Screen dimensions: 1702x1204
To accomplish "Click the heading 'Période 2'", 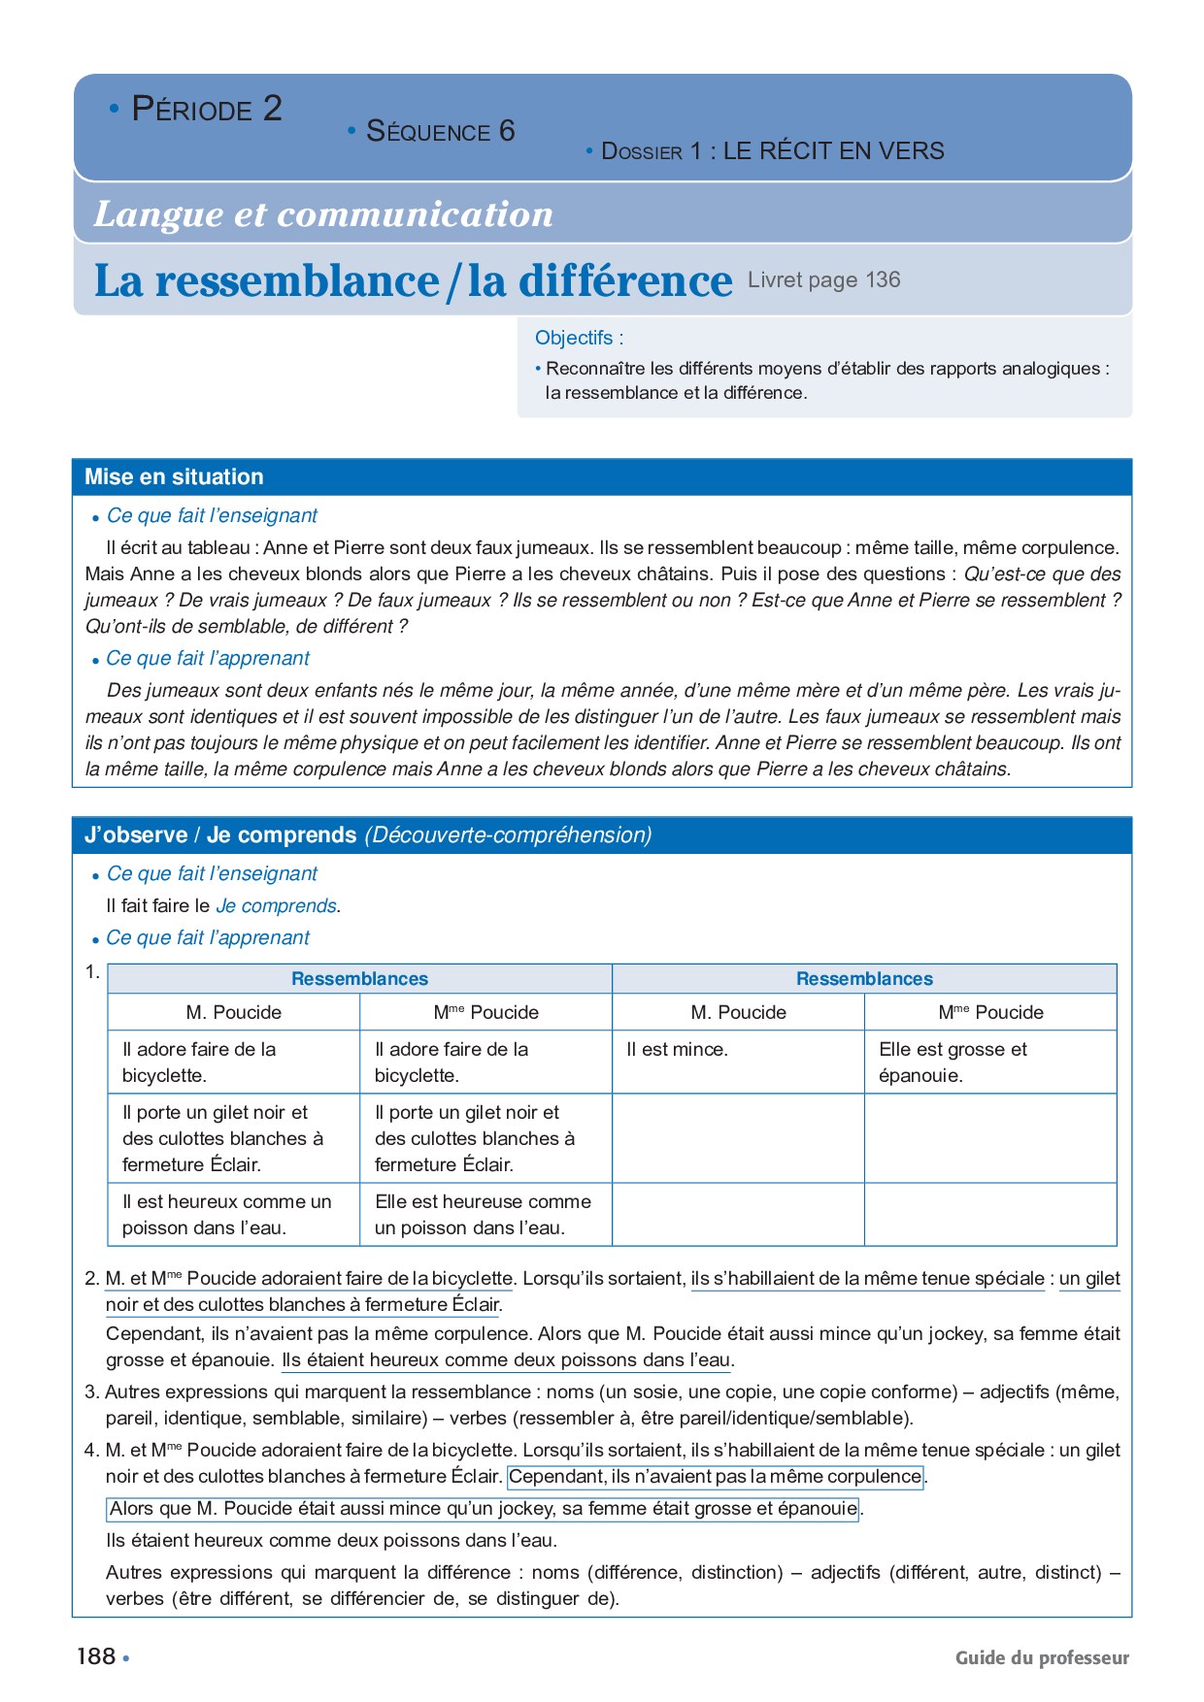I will [x=206, y=109].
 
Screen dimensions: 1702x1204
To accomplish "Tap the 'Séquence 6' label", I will [x=440, y=131].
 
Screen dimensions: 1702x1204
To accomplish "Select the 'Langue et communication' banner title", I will [x=323, y=213].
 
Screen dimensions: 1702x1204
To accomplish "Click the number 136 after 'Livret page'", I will [x=883, y=279].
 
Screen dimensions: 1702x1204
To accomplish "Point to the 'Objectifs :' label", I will [x=579, y=338].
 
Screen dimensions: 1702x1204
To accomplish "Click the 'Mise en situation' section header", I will [x=174, y=476].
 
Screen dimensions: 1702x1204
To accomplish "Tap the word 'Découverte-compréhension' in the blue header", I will [x=508, y=835].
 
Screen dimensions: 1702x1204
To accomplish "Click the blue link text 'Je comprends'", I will [x=276, y=905].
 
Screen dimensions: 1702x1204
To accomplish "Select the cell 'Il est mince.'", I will [x=677, y=1049].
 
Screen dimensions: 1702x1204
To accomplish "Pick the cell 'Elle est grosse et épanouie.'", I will [x=952, y=1062].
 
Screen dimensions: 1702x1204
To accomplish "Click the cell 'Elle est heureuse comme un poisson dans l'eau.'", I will [x=483, y=1214].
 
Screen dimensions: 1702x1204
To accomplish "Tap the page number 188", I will [x=96, y=1656].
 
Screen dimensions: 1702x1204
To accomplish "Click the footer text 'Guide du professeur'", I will [x=1042, y=1657].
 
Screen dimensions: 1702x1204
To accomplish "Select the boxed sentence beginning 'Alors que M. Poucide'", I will [x=483, y=1509].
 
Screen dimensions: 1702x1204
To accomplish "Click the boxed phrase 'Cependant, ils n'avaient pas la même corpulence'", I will [x=715, y=1476].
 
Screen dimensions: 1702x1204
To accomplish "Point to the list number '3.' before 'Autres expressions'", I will [x=92, y=1391].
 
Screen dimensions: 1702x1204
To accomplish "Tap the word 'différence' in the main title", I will [x=624, y=280].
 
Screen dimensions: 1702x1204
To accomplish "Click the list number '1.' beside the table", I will [x=92, y=971].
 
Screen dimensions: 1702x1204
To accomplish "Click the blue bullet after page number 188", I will [x=126, y=1658].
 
